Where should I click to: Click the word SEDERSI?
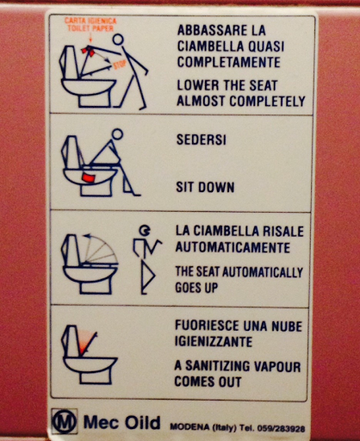click(202, 140)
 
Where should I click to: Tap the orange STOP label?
click(120, 65)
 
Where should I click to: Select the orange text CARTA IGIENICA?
click(90, 21)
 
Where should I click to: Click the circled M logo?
click(64, 421)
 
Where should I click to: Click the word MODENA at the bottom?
click(189, 426)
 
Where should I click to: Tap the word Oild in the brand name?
click(142, 422)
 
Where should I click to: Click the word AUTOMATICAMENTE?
click(233, 247)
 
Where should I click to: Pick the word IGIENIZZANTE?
click(214, 342)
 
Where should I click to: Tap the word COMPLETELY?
click(267, 101)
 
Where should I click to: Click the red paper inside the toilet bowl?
click(89, 177)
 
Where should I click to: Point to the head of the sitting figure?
click(117, 134)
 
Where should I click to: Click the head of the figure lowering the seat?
click(118, 40)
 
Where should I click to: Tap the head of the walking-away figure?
click(145, 230)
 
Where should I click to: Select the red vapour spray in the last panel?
click(85, 342)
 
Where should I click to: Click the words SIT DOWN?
click(205, 187)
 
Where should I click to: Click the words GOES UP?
click(196, 288)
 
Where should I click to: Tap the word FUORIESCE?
click(207, 326)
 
